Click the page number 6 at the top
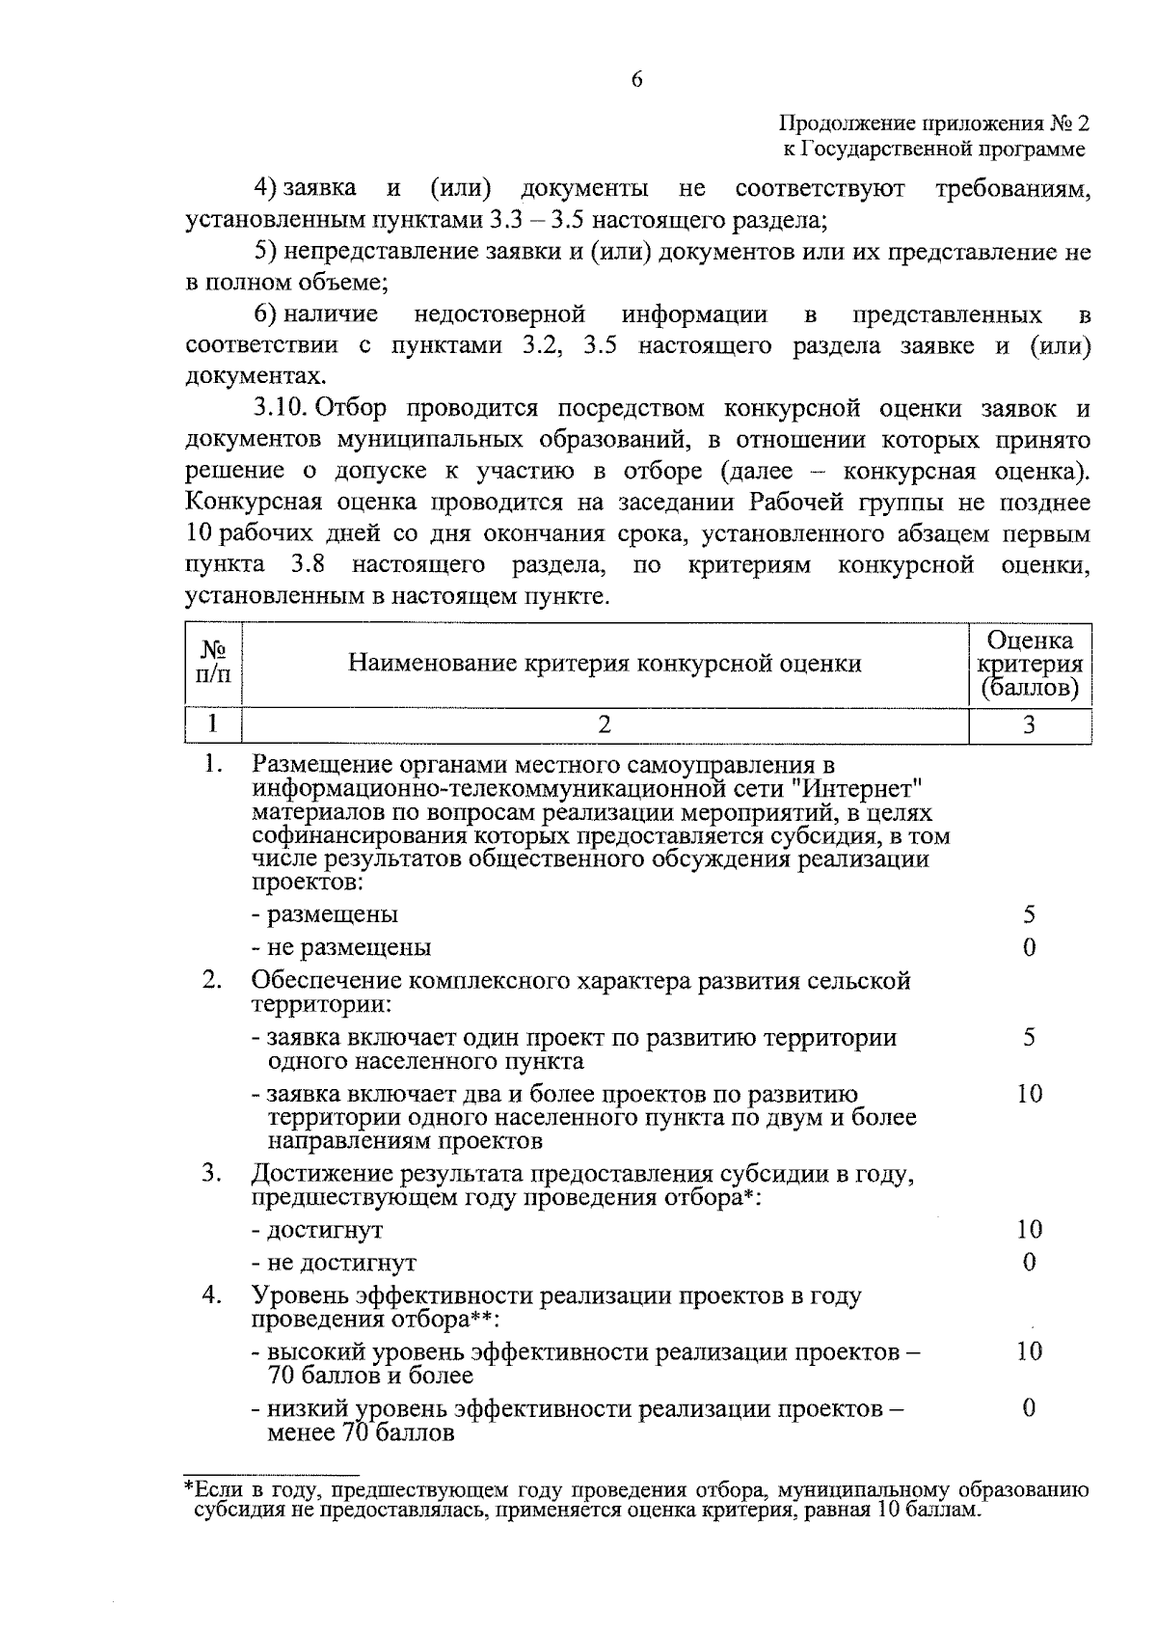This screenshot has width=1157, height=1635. tap(636, 80)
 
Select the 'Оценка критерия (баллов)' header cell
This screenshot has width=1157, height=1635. tap(1029, 665)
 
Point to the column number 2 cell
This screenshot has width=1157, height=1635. tap(605, 724)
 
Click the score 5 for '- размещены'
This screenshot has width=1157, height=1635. tap(1029, 913)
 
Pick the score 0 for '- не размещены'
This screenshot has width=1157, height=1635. tap(1029, 947)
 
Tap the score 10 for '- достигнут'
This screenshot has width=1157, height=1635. tap(1029, 1230)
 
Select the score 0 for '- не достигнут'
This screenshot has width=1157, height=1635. tap(1029, 1263)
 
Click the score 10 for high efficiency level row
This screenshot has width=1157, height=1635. tap(1029, 1351)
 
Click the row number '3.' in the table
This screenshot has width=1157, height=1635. tap(212, 1174)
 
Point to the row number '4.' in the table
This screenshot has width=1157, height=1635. tap(212, 1295)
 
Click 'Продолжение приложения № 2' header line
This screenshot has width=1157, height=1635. tap(933, 124)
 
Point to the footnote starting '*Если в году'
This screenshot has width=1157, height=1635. tap(636, 1500)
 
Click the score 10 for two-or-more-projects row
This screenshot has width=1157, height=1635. tap(1029, 1094)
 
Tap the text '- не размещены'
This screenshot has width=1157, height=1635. tap(341, 947)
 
